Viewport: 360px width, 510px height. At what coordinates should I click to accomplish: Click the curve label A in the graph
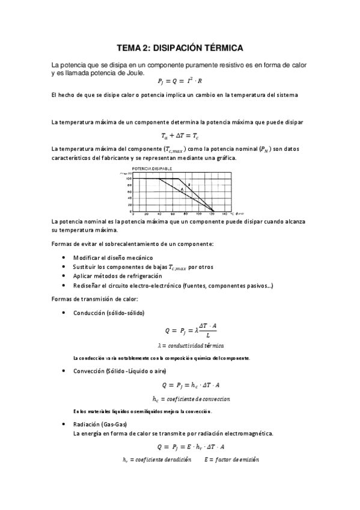point(182,190)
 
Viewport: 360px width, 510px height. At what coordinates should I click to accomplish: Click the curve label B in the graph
point(189,184)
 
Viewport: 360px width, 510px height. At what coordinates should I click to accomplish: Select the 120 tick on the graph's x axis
point(212,214)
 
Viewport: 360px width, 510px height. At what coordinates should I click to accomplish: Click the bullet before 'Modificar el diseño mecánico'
point(64,257)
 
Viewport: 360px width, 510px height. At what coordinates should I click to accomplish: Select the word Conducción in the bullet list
point(88,313)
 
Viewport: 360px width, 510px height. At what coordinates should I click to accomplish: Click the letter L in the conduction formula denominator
point(207,334)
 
